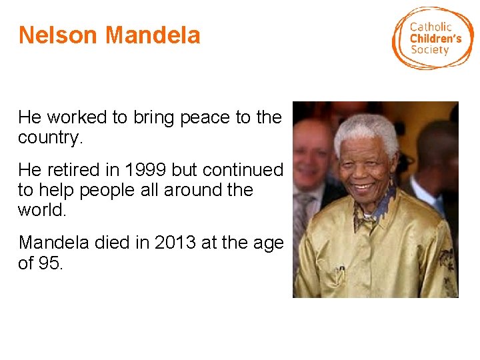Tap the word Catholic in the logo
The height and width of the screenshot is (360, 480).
click(x=430, y=27)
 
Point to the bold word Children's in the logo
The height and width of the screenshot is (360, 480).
click(x=435, y=39)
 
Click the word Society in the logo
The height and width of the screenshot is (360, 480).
click(x=429, y=50)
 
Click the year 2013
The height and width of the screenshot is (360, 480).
click(x=175, y=243)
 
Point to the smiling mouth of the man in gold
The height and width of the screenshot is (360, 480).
click(x=363, y=188)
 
